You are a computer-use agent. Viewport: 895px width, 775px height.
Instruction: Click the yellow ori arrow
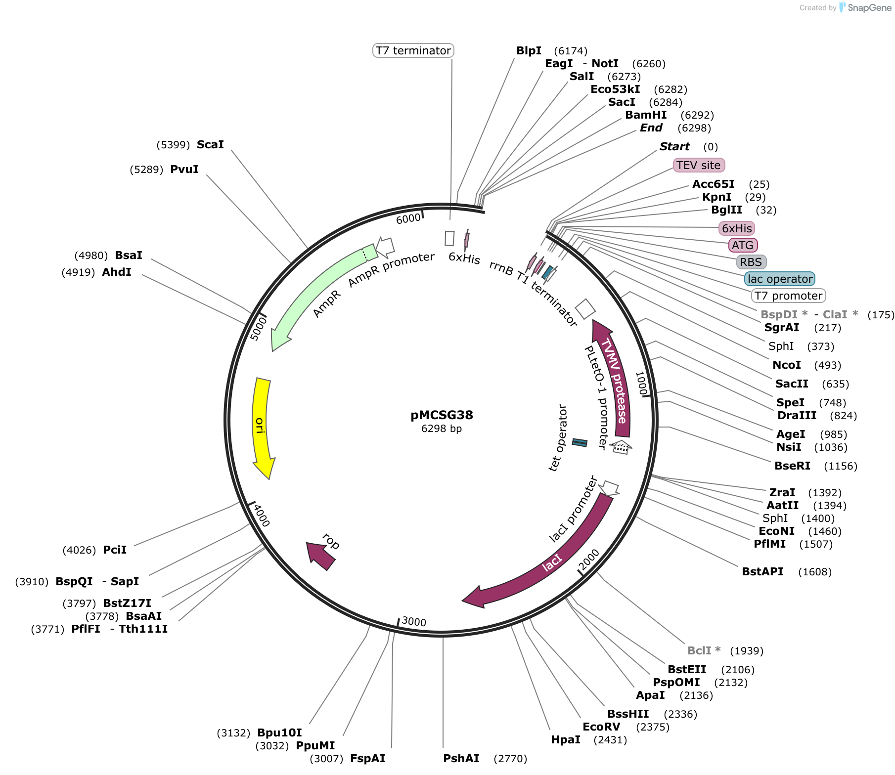coord(261,425)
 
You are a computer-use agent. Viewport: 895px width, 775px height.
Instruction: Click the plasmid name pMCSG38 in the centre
coord(442,415)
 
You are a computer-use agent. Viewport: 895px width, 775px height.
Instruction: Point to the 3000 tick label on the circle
coord(414,621)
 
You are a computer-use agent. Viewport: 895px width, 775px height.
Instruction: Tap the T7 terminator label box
coord(413,50)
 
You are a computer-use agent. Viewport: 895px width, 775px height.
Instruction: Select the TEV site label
coord(699,165)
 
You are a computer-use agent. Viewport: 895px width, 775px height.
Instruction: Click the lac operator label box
coord(780,279)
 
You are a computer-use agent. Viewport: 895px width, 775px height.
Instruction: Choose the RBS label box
coord(751,262)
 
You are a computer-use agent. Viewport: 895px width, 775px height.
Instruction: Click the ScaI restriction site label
coord(210,144)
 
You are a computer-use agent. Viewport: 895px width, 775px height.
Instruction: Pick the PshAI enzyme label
coord(461,758)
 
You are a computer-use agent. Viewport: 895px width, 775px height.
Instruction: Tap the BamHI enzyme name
coord(646,115)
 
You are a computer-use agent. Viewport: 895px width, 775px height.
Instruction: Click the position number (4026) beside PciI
coord(79,550)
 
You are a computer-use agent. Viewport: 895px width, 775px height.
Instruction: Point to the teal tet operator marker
coord(580,442)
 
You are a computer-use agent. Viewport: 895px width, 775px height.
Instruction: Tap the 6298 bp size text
coord(442,429)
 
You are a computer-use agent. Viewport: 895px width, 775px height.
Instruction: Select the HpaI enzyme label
coord(566,739)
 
